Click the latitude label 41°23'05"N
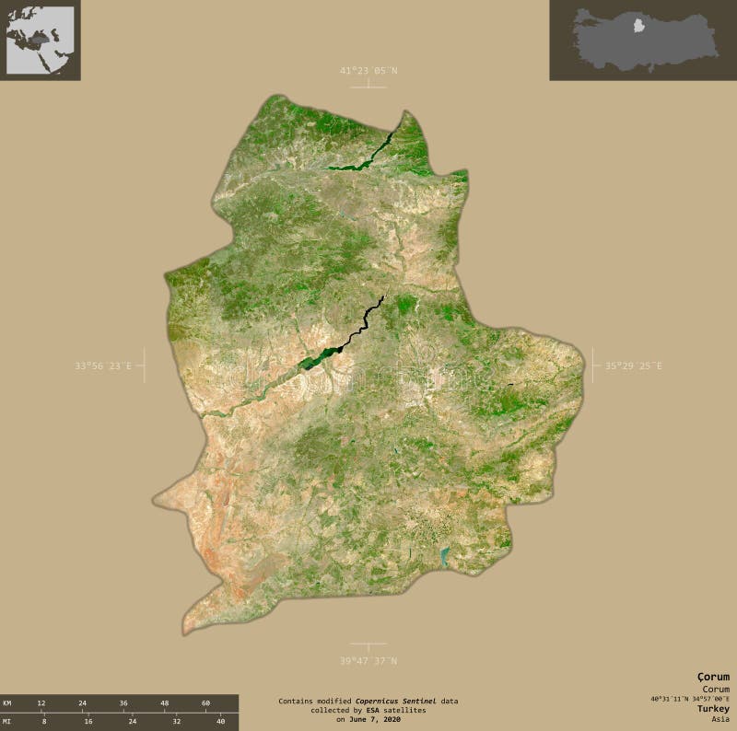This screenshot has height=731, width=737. [x=368, y=71]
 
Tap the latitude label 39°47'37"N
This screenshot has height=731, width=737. [x=368, y=660]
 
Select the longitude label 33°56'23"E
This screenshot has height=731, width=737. [x=103, y=365]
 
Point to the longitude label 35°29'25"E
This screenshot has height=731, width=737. [x=633, y=365]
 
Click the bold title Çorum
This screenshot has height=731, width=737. [x=713, y=677]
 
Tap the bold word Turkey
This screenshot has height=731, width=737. [x=712, y=709]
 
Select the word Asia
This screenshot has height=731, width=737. [x=719, y=719]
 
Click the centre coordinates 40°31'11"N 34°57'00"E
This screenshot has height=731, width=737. [x=690, y=698]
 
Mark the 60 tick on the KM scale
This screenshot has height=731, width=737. [x=205, y=703]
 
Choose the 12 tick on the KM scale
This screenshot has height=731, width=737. [x=41, y=703]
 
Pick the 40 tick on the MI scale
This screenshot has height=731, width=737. [x=220, y=721]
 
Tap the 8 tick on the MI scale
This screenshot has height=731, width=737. [x=44, y=721]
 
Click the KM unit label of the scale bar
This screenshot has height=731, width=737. [x=7, y=703]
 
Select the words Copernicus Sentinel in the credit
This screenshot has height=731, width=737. [x=397, y=702]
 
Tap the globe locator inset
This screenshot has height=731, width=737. [x=41, y=40]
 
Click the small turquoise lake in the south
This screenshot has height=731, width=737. [x=444, y=555]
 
